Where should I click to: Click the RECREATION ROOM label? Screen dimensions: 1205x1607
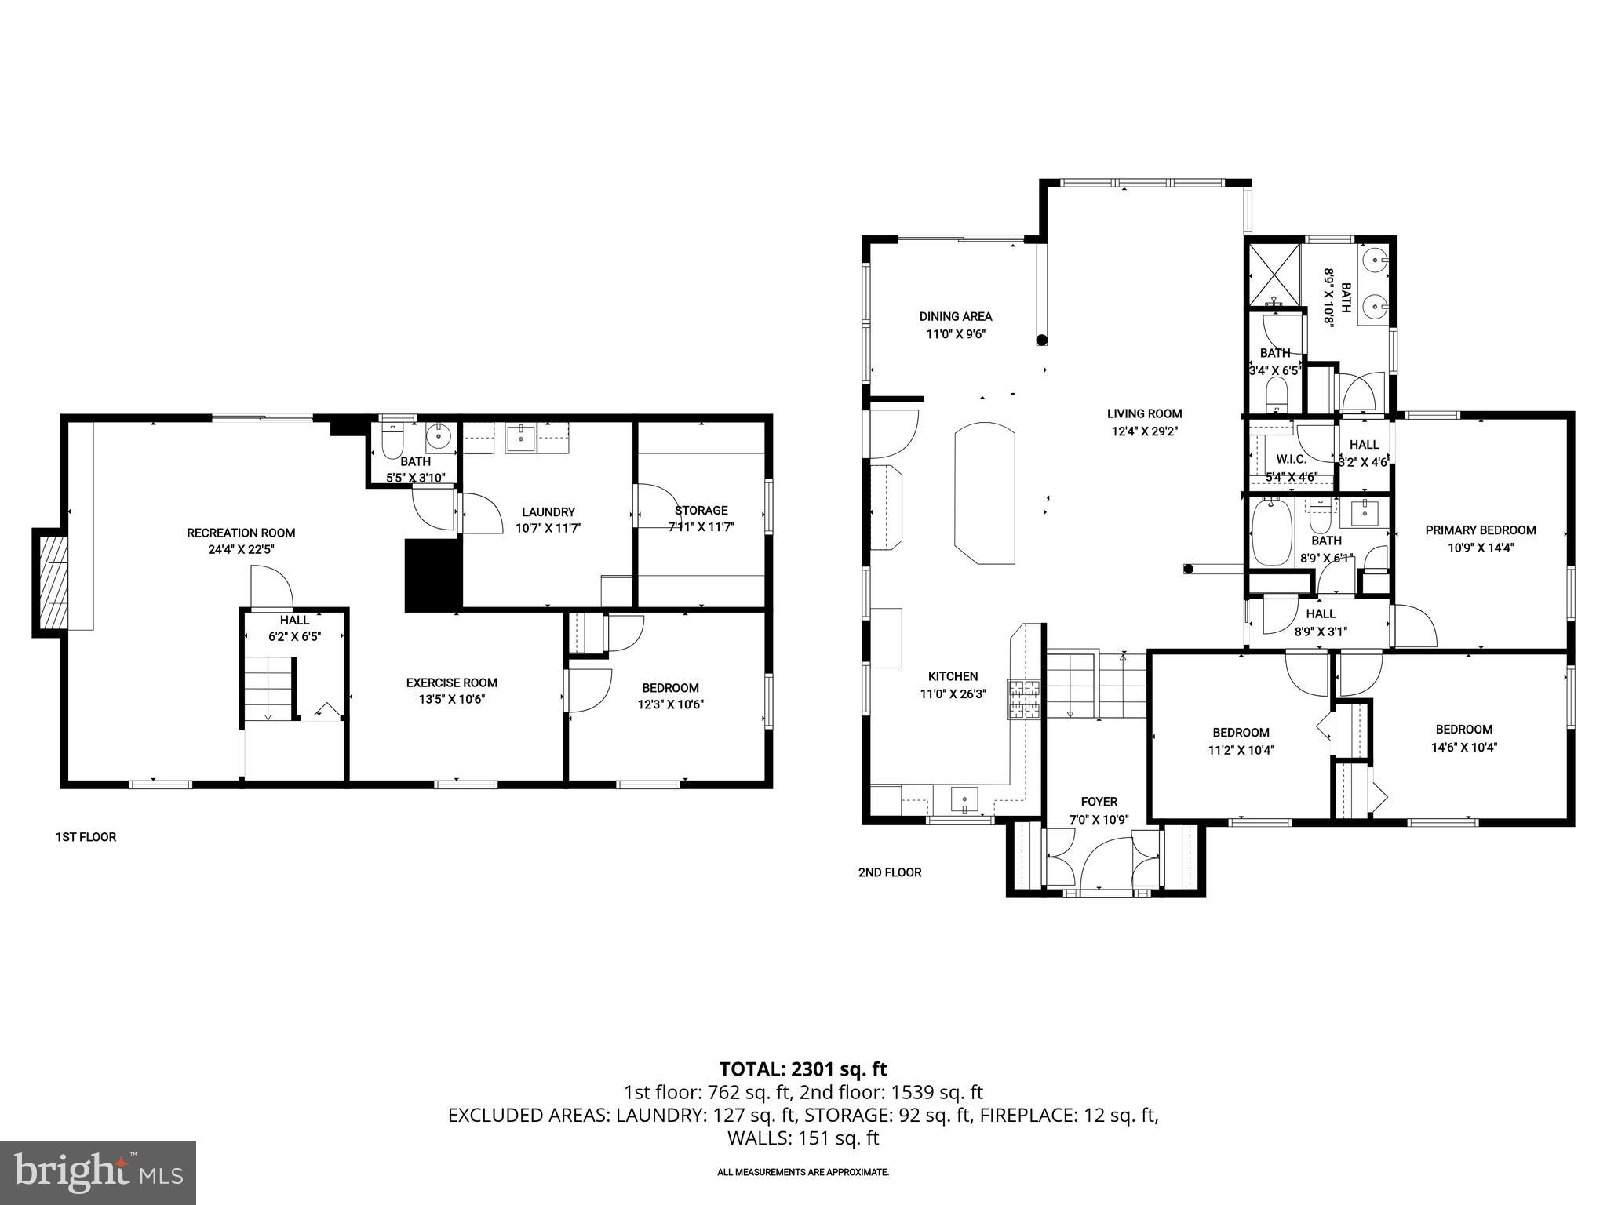[241, 533]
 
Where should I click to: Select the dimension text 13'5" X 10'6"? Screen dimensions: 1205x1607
[452, 700]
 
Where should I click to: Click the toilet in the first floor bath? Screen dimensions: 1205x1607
[392, 441]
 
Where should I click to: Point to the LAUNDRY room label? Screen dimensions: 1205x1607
[548, 511]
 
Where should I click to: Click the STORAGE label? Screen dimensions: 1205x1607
[701, 510]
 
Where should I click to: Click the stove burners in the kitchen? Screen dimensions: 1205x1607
[1025, 700]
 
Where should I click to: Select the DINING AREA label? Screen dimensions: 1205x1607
[955, 317]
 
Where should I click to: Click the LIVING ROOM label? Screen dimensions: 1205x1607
[1144, 413]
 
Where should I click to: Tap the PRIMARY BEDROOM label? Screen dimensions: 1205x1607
[1480, 530]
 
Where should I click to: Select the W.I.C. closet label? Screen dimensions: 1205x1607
[1291, 459]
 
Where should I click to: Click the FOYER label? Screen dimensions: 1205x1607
[1099, 802]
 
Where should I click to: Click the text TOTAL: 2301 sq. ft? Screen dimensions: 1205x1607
[803, 1068]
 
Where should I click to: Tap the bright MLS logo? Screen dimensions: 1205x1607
[98, 1172]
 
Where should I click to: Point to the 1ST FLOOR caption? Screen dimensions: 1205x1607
[86, 837]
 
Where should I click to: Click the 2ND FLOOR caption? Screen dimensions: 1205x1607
[890, 872]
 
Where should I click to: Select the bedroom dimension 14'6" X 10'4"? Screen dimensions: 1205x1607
[1463, 747]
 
